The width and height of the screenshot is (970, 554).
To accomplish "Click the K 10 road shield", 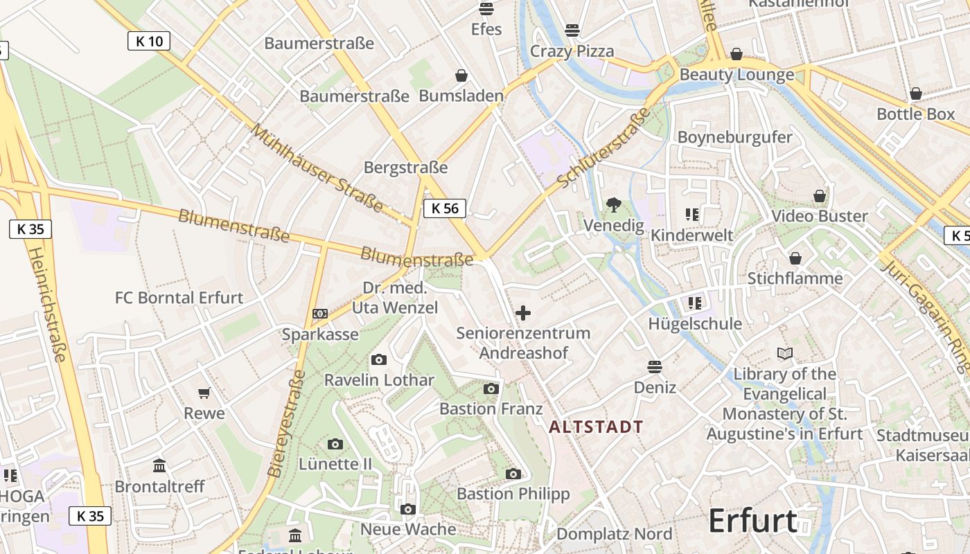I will (x=149, y=41).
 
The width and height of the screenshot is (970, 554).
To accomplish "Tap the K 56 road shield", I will (x=445, y=208).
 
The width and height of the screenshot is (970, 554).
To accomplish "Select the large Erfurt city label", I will (x=752, y=521).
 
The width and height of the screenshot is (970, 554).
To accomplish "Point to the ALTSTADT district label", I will (x=596, y=427).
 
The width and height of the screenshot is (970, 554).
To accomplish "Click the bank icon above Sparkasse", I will (x=319, y=314).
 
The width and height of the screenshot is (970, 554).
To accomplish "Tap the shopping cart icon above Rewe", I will (x=204, y=393).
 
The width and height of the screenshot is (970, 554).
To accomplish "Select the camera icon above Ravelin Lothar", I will (x=378, y=359).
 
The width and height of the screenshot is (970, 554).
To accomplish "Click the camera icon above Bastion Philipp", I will (x=513, y=474).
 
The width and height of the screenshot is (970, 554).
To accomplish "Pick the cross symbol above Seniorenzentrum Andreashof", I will (x=523, y=313).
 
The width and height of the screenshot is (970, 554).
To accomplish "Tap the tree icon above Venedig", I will (x=613, y=204).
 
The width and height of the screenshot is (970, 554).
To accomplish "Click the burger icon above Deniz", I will (x=655, y=366).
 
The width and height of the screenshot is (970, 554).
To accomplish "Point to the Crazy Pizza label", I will (x=572, y=51).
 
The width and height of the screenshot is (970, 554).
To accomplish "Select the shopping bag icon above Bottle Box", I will (x=915, y=93).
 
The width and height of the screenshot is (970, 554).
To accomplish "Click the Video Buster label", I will (x=820, y=216).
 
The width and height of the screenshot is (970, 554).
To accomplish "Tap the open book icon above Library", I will (x=784, y=354).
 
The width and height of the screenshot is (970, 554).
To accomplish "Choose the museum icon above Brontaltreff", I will (x=159, y=465).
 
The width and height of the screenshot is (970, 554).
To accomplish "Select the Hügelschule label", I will (x=695, y=323).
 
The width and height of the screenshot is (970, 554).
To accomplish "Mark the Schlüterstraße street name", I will (x=604, y=148).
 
